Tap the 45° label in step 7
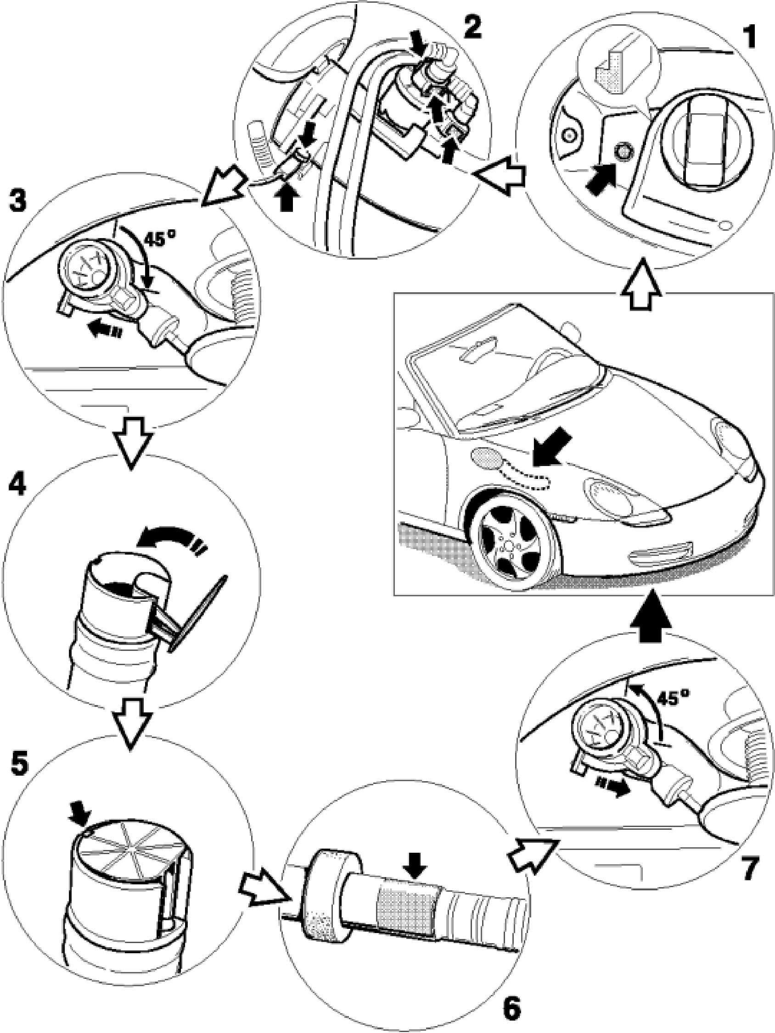(673, 699)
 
